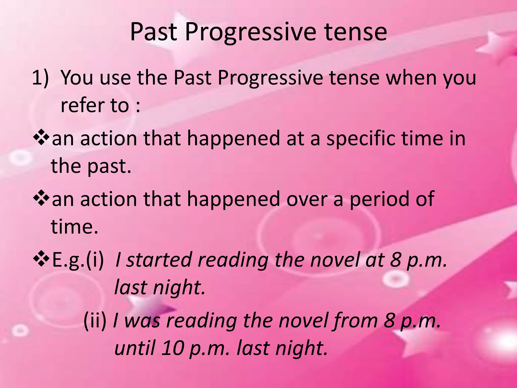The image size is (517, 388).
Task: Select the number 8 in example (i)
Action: click(396, 260)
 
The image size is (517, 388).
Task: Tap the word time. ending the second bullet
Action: click(74, 227)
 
